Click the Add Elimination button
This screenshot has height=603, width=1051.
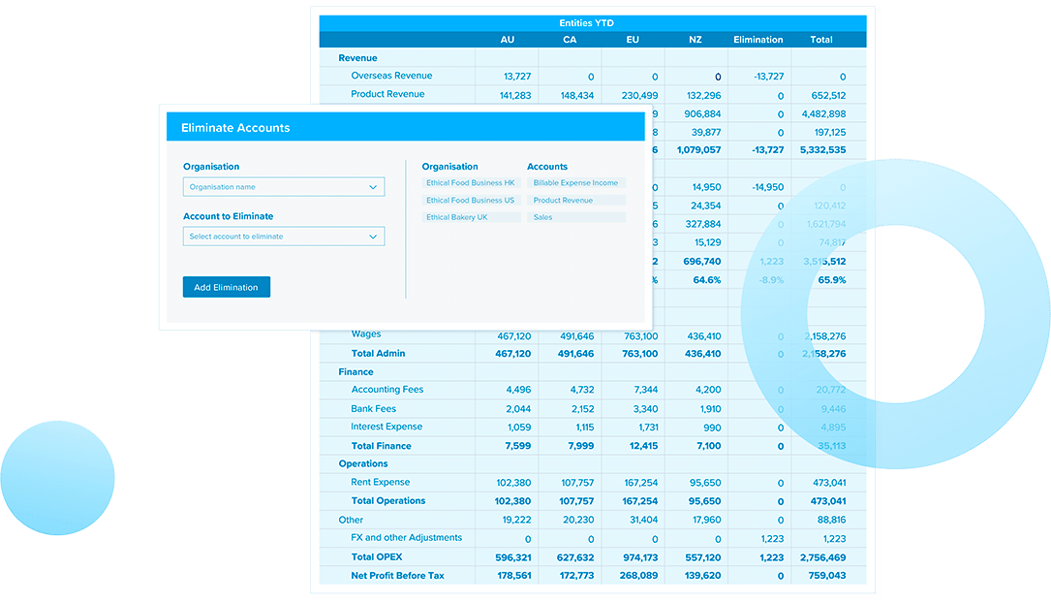[x=226, y=287]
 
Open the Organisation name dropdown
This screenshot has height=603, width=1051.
[x=283, y=187]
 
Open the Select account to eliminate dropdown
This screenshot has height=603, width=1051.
[x=283, y=237]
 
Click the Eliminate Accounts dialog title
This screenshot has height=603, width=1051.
[x=235, y=128]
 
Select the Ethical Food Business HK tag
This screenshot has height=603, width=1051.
[x=471, y=183]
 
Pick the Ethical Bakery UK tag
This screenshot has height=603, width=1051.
[x=457, y=217]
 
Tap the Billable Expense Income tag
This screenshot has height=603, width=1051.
[x=575, y=183]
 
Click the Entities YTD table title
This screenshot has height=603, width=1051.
[x=586, y=23]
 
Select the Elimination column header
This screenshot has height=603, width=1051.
[x=758, y=40]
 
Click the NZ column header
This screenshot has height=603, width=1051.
[x=696, y=40]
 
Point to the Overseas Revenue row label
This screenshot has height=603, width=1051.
[x=391, y=76]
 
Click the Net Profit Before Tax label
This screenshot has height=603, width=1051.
[x=397, y=576]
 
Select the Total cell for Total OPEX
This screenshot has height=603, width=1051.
[x=822, y=557]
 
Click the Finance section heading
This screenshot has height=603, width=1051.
[x=355, y=372]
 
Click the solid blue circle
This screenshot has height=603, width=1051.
[x=58, y=478]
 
